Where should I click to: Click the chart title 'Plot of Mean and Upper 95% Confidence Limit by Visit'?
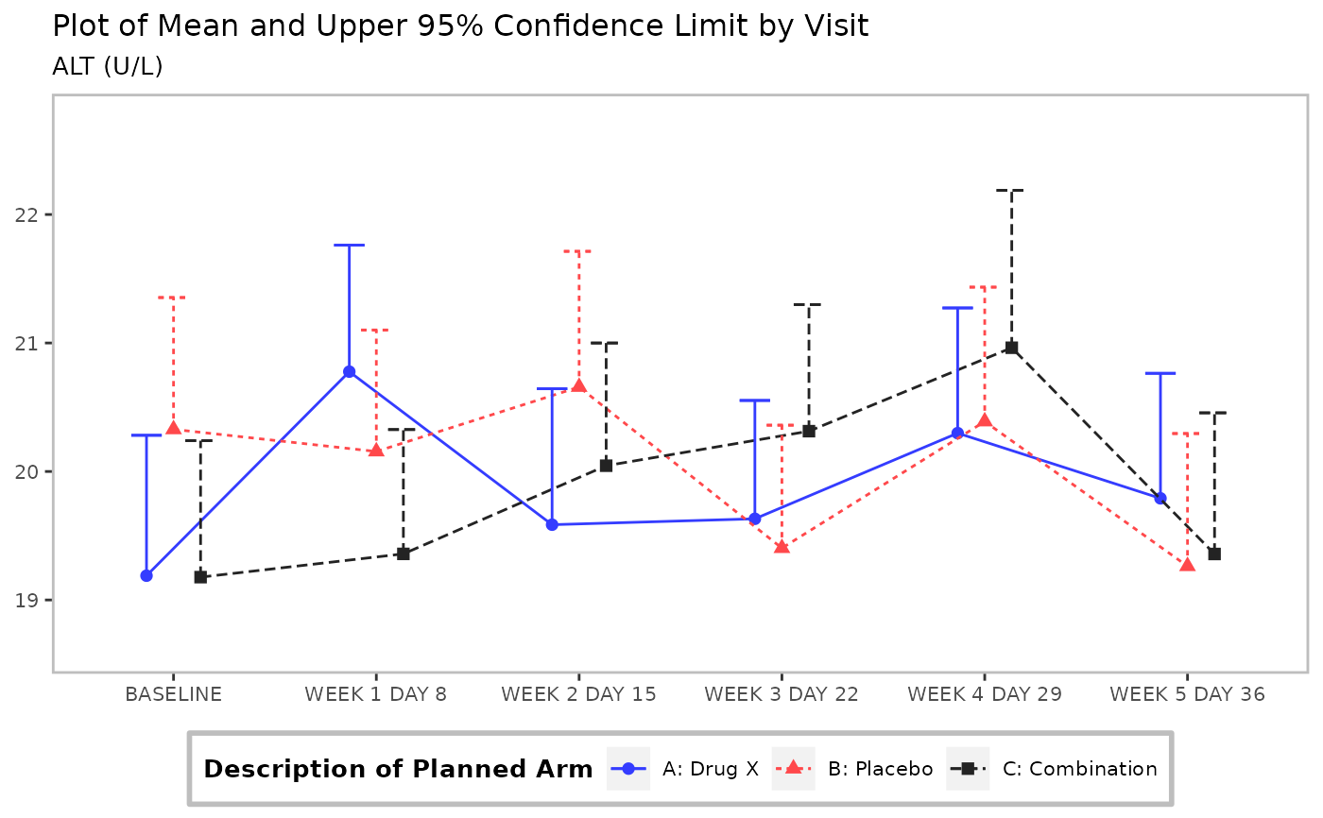tap(460, 26)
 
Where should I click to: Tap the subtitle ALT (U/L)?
tap(107, 67)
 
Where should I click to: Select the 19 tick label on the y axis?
tap(26, 601)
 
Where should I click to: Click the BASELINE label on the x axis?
tap(173, 694)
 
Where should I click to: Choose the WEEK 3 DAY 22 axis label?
tap(781, 694)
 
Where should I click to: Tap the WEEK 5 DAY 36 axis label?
tap(1187, 694)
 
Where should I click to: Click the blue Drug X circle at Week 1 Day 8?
tap(349, 372)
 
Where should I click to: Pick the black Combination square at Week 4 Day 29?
tap(1011, 348)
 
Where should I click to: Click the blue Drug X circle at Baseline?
tap(146, 575)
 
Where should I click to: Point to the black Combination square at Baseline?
tap(200, 577)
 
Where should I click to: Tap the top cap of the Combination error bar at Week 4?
tap(1011, 191)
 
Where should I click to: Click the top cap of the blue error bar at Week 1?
tap(349, 245)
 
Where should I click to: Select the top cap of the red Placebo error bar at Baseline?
tap(173, 298)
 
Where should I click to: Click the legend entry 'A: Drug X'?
tap(682, 769)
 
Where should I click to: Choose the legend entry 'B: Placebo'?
tap(852, 769)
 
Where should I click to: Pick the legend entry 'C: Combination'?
tap(1052, 769)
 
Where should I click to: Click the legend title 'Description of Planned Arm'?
tap(398, 770)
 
